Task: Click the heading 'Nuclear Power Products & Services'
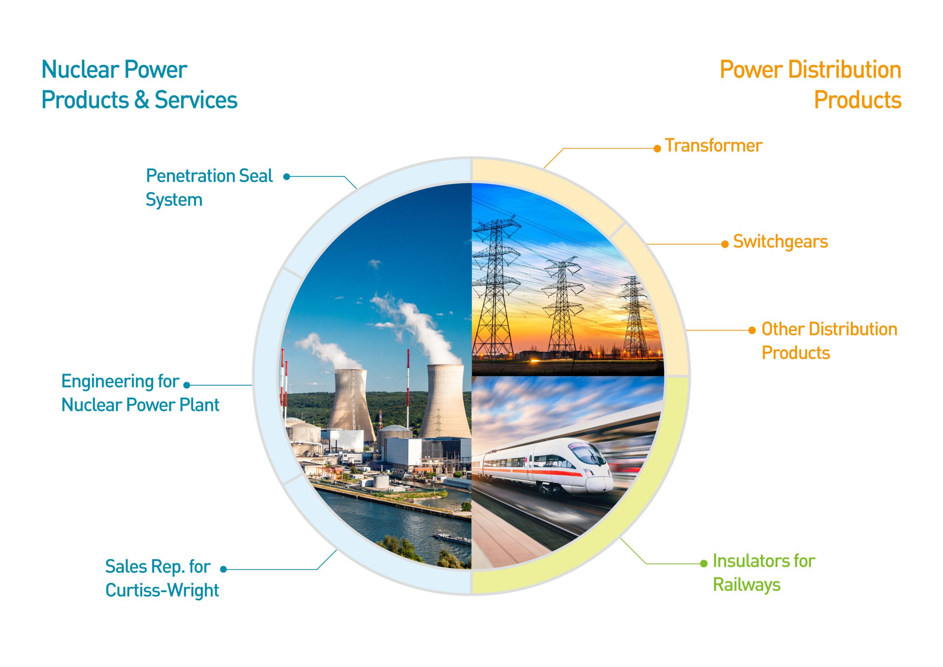[x=139, y=85]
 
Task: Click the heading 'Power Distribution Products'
[x=810, y=85]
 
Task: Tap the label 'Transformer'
[x=714, y=146]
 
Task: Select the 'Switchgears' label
[x=780, y=242]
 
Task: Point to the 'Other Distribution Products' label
[x=829, y=341]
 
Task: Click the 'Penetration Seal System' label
[x=209, y=188]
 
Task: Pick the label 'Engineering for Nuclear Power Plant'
[x=140, y=393]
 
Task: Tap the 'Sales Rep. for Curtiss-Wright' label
[x=162, y=578]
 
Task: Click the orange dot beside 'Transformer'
[x=657, y=149]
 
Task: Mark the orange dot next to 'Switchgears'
[x=725, y=244]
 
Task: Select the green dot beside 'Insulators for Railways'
[x=704, y=563]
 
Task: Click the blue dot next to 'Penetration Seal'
[x=287, y=177]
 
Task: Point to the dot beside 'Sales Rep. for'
[x=224, y=569]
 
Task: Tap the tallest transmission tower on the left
[x=496, y=288]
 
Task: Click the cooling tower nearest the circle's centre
[x=445, y=401]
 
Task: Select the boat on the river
[x=453, y=538]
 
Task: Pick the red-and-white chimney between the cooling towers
[x=408, y=388]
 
